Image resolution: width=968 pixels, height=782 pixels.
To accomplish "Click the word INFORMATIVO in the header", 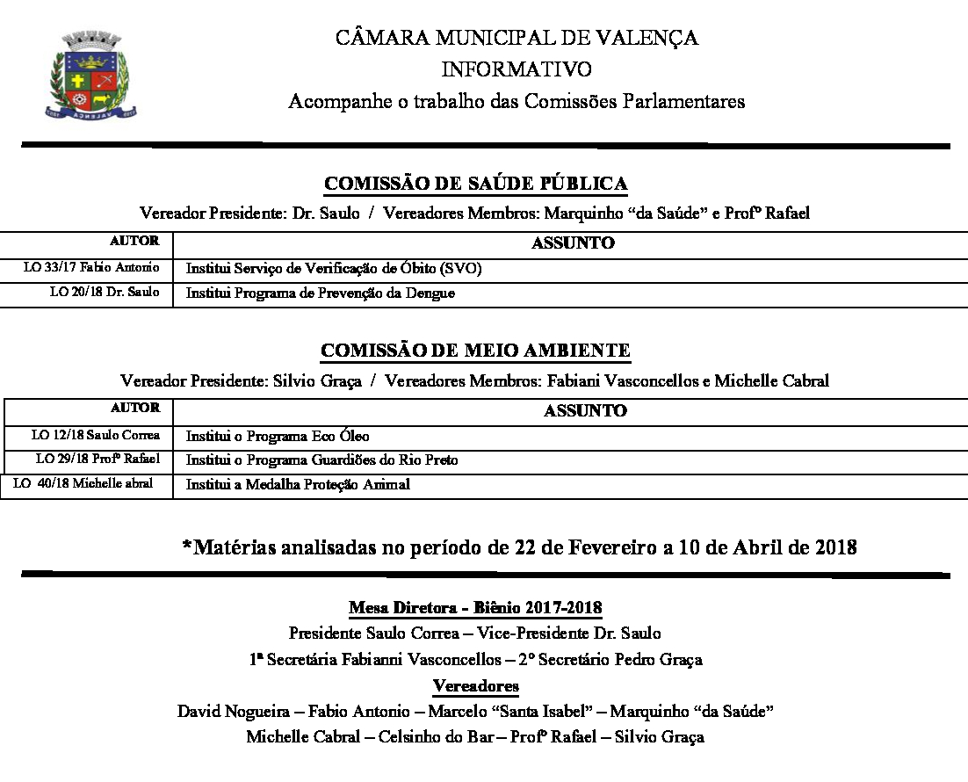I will click(x=516, y=69).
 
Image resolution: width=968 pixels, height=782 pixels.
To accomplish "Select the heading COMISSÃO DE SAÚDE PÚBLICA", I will click(x=475, y=184).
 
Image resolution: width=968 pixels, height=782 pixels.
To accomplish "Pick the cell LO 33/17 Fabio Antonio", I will click(x=91, y=268).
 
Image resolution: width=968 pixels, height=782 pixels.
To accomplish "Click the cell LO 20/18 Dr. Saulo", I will click(x=105, y=293).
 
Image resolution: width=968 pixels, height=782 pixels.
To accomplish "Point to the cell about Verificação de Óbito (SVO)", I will click(x=334, y=269).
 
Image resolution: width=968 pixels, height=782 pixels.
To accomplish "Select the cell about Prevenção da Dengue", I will click(x=321, y=293).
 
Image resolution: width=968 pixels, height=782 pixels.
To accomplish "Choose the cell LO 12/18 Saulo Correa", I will click(x=96, y=435).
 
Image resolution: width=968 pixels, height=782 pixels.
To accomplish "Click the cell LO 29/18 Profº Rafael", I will click(x=98, y=459).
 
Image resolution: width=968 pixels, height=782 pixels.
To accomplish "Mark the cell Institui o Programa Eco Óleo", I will click(x=278, y=436).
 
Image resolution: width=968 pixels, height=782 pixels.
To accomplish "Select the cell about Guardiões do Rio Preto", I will click(x=321, y=460).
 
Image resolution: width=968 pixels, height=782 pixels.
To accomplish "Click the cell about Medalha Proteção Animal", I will click(x=298, y=484).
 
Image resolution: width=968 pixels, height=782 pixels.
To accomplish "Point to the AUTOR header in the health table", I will click(x=134, y=241).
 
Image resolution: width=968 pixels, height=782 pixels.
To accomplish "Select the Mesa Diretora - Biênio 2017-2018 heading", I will click(x=475, y=608).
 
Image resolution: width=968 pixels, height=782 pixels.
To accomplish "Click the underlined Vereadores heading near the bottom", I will click(x=475, y=685).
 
